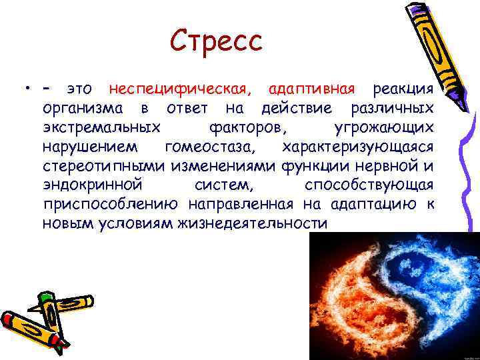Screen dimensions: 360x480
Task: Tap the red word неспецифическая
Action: click(x=181, y=89)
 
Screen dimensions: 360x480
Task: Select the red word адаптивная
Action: click(x=313, y=89)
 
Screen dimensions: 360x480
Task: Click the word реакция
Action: click(x=403, y=89)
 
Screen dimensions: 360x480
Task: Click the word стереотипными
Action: click(x=104, y=165)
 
